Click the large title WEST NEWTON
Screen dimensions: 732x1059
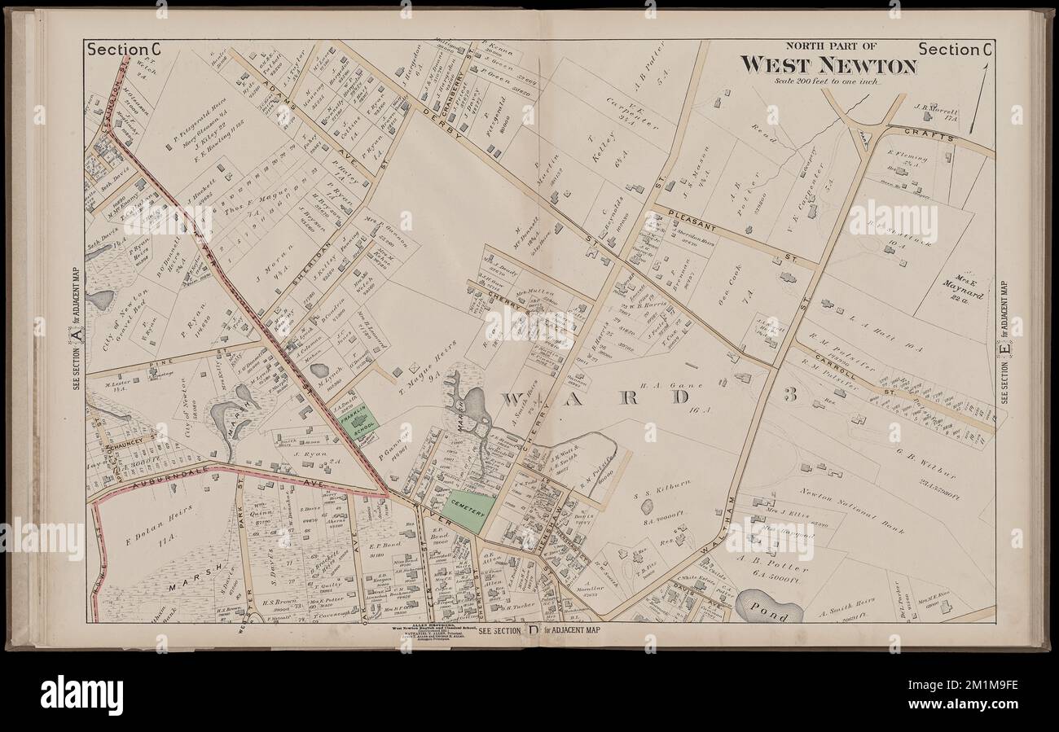point(828,64)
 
